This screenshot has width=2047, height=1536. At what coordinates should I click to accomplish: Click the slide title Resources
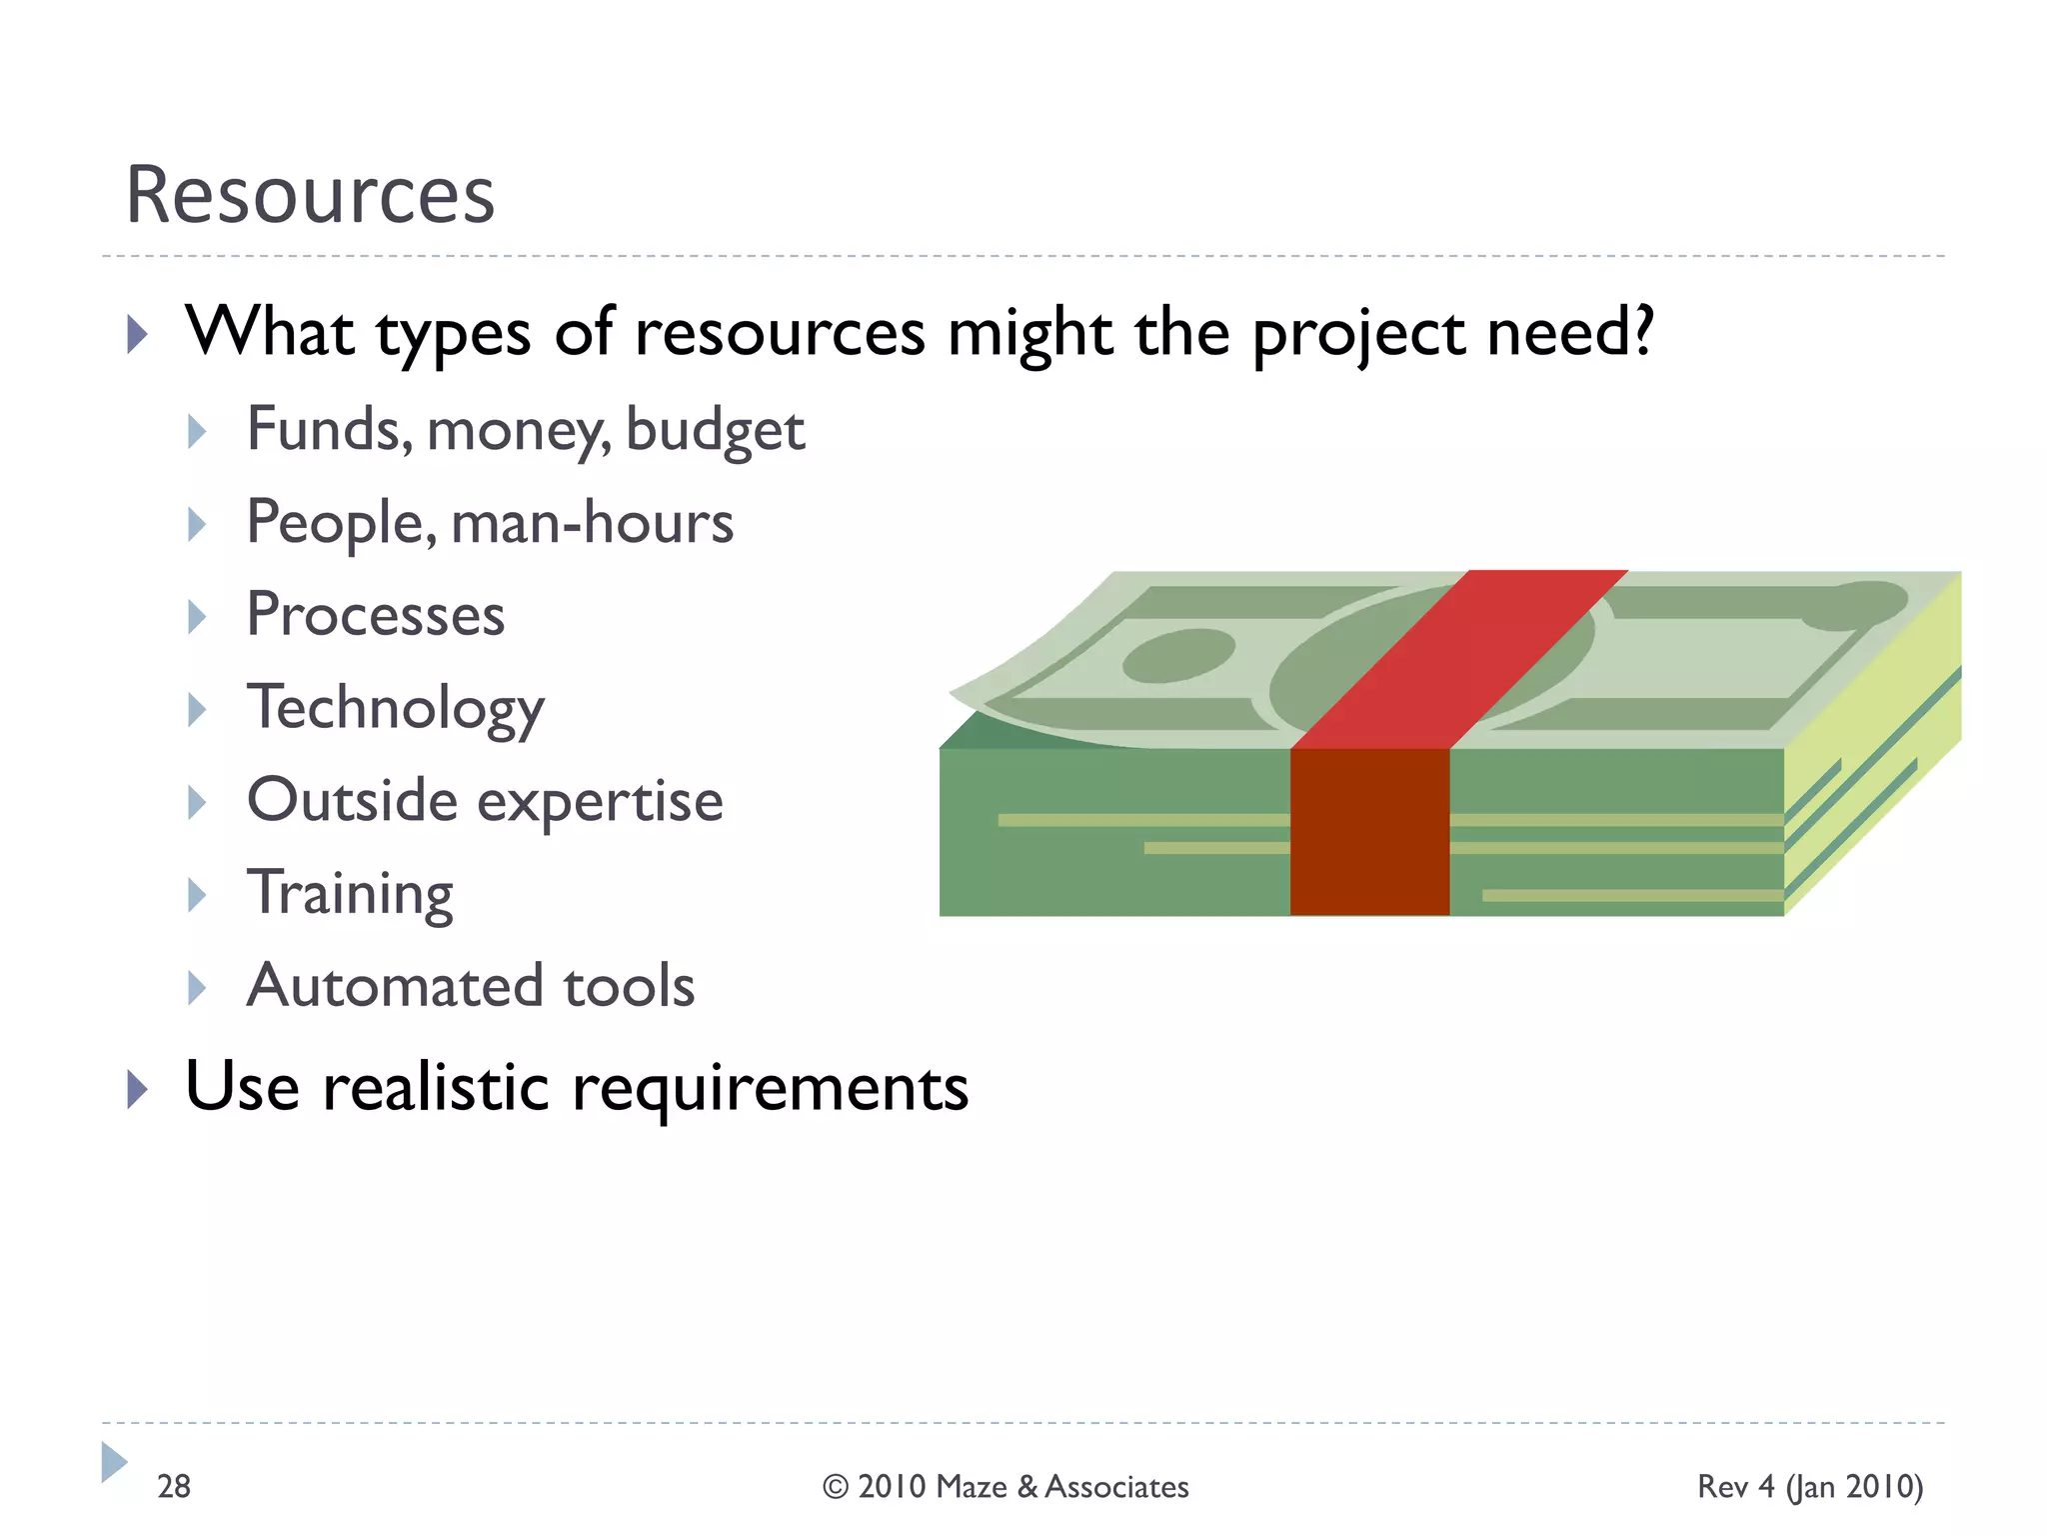tap(310, 194)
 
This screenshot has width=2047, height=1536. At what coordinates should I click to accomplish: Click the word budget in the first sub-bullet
tap(715, 432)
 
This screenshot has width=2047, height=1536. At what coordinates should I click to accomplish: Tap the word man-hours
tap(592, 523)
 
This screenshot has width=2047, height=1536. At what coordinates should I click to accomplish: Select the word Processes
tap(376, 615)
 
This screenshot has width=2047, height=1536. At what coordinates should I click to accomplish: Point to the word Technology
tap(396, 708)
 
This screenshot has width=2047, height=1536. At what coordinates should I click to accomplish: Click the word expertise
tap(600, 802)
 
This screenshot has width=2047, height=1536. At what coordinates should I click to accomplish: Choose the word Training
tap(350, 893)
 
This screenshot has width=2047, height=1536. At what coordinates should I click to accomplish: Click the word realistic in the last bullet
tap(436, 1088)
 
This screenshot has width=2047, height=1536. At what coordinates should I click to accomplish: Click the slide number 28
tap(174, 1486)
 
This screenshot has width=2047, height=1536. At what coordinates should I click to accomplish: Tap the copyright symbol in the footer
tap(836, 1487)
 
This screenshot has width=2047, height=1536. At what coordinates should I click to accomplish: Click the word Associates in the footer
tap(1116, 1487)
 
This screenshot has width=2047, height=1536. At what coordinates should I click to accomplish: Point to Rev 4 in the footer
tap(1736, 1486)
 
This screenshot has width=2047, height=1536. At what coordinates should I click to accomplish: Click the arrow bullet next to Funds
tap(197, 432)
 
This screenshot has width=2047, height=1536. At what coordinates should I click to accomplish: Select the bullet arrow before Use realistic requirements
tap(138, 1088)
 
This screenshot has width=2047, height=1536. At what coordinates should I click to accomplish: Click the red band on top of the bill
tap(1459, 660)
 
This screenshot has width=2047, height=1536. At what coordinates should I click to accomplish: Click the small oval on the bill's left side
tap(1178, 655)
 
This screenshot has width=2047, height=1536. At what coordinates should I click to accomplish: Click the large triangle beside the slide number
tap(114, 1462)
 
